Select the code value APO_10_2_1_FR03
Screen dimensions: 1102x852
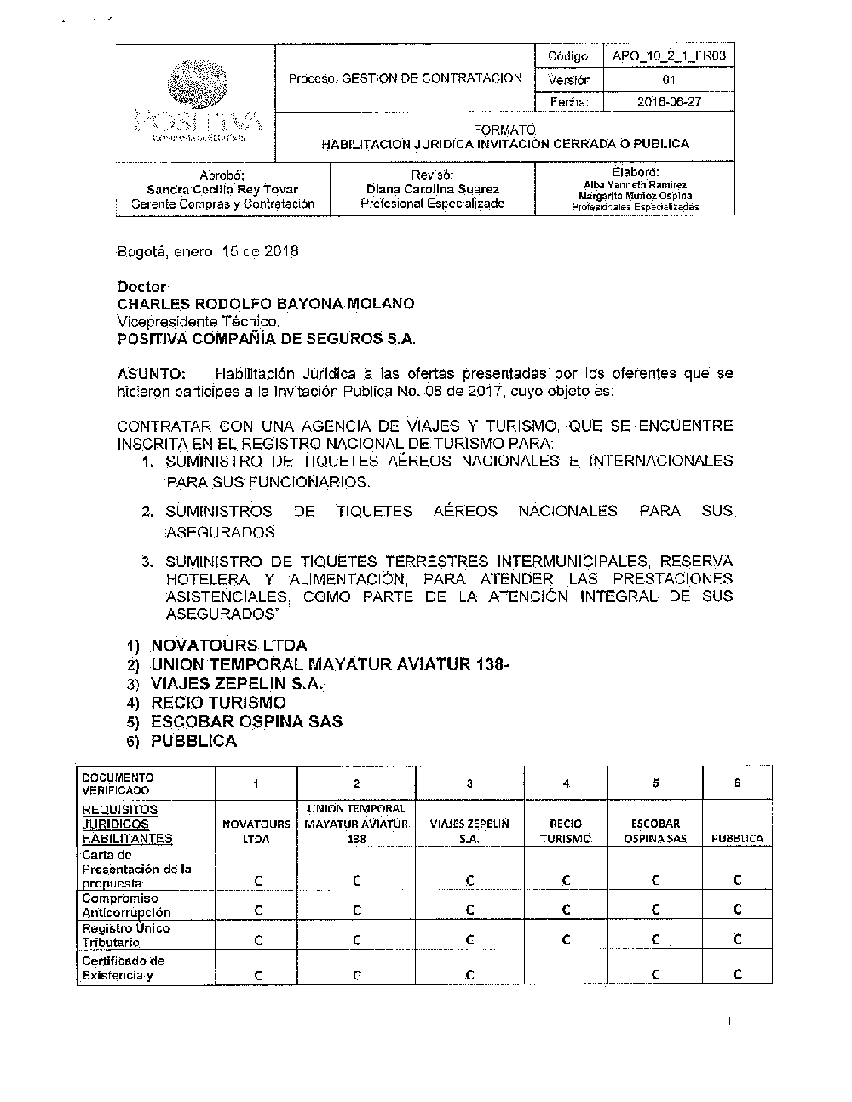tap(669, 57)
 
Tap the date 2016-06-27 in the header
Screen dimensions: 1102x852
tap(669, 102)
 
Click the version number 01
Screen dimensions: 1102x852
tap(669, 80)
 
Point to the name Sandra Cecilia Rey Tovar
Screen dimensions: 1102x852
tap(222, 189)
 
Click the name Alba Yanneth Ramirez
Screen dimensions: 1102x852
tap(635, 185)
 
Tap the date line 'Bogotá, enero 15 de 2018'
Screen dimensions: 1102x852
tap(208, 252)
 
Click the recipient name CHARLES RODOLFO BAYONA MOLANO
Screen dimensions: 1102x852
tap(266, 304)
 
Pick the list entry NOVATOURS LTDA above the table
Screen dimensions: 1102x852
tap(229, 646)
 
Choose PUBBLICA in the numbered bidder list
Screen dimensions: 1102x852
tap(193, 741)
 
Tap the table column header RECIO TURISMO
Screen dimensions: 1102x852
tap(567, 830)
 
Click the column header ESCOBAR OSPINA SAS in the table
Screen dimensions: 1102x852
tap(655, 830)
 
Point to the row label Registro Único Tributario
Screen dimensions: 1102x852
tap(125, 935)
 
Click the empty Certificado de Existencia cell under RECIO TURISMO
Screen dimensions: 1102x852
tap(567, 968)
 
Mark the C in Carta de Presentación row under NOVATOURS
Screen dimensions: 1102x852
tap(257, 881)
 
